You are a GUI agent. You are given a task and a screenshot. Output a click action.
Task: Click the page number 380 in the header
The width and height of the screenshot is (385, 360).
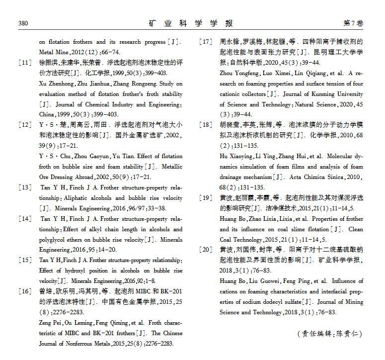(23, 23)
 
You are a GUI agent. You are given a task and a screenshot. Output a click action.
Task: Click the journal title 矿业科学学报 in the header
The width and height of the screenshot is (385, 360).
(191, 23)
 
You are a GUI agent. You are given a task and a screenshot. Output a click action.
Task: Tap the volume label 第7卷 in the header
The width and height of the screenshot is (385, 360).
(353, 23)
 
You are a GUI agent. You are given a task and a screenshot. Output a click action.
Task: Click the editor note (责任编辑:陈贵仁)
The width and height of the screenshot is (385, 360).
(330, 334)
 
